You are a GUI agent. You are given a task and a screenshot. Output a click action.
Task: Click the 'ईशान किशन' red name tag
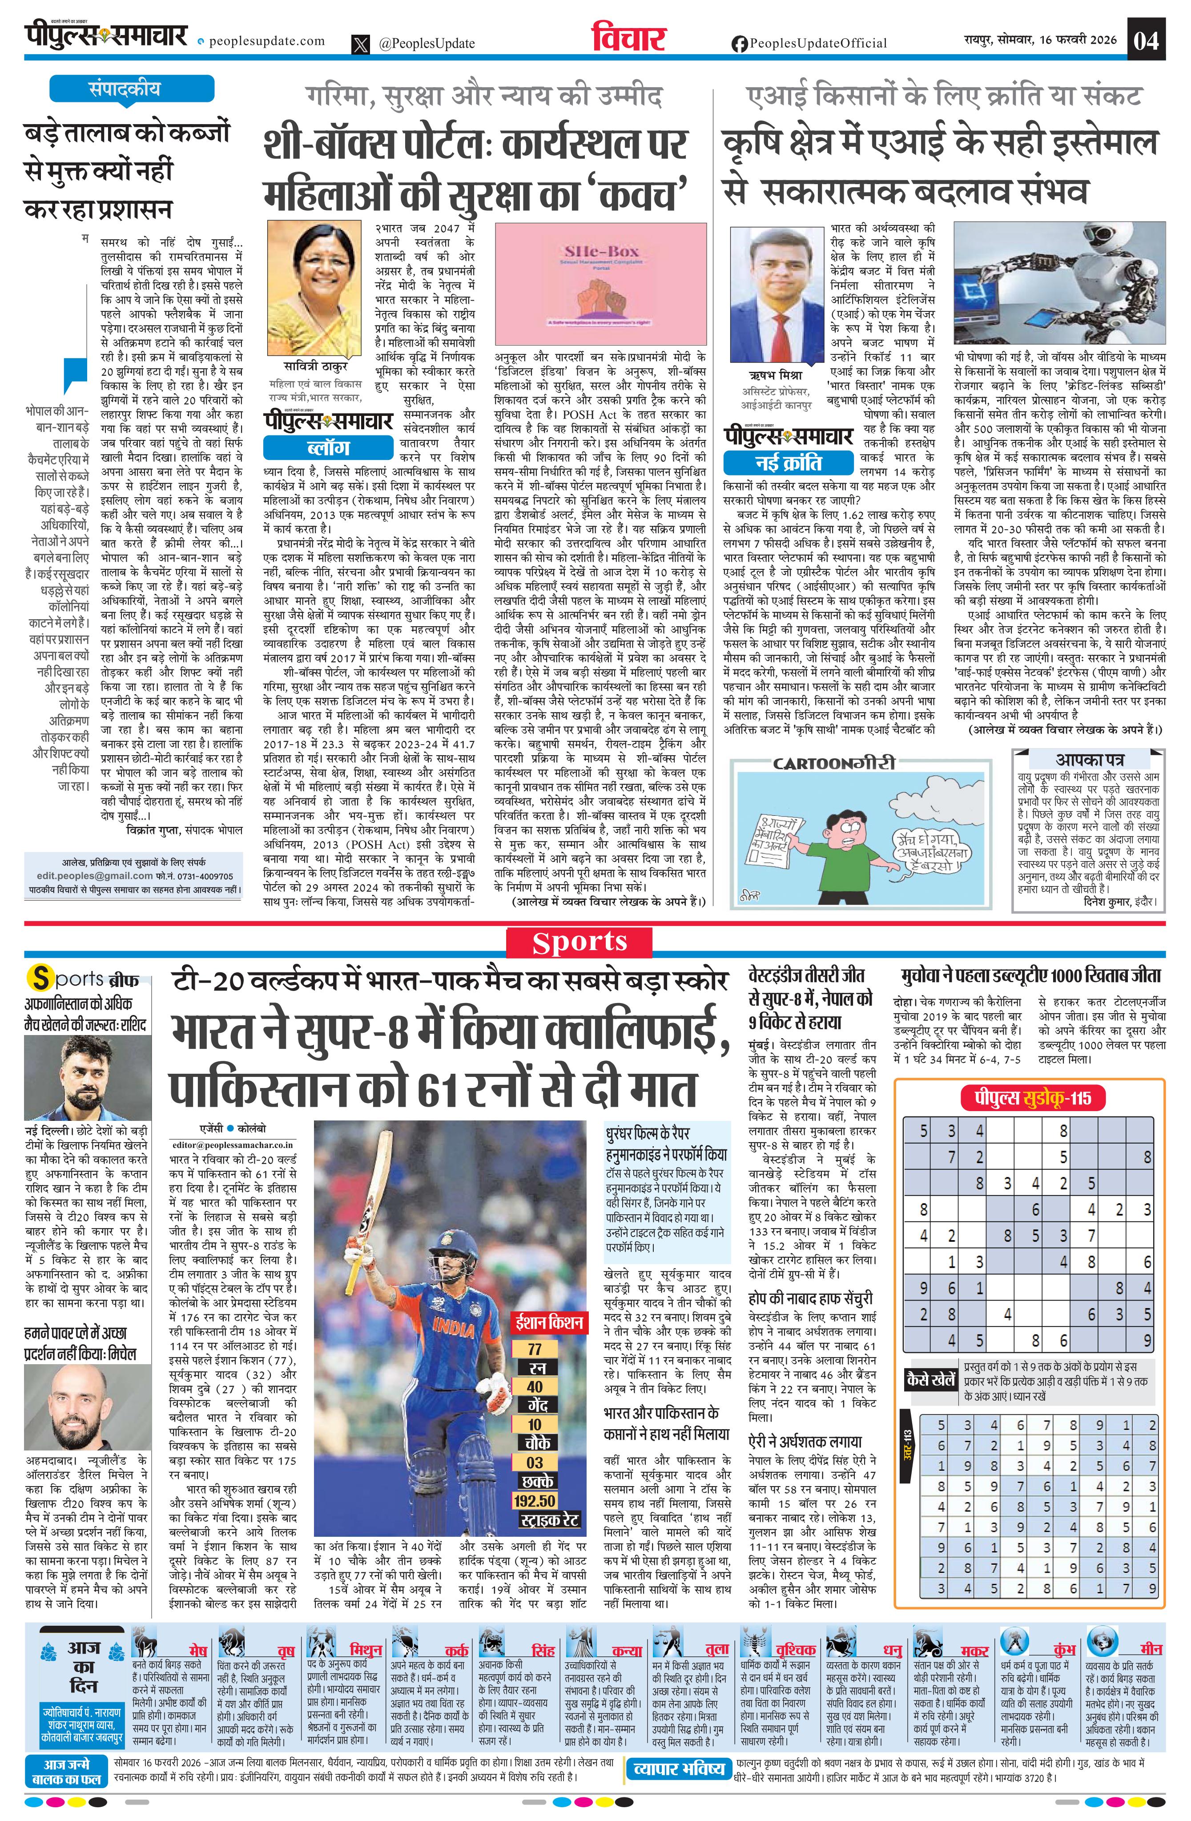[549, 1322]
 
